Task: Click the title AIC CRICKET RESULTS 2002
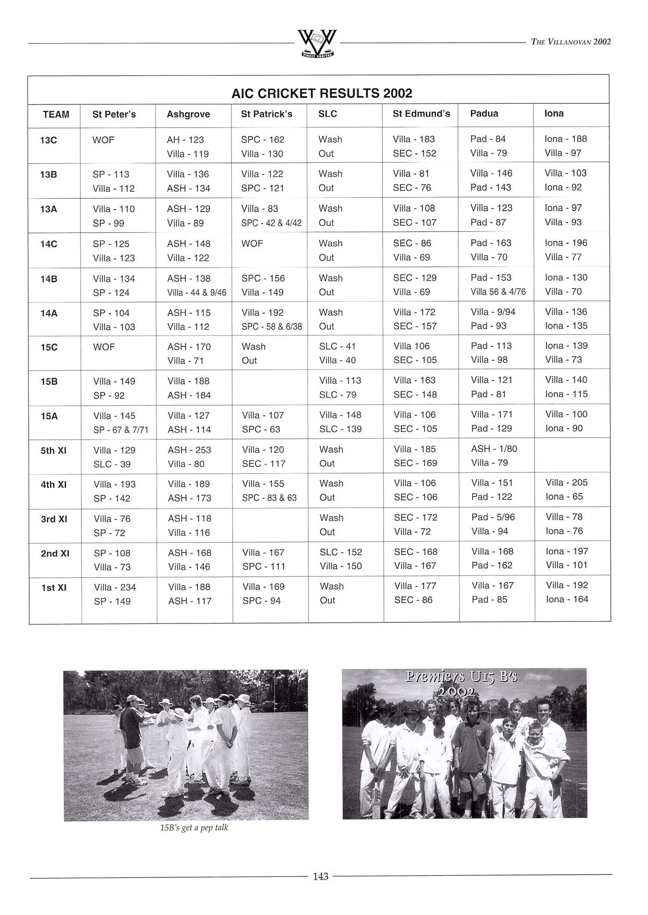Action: (322, 93)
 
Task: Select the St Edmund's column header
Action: (421, 114)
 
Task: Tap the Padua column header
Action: (484, 114)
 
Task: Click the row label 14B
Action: (49, 279)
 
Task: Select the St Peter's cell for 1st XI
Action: (115, 594)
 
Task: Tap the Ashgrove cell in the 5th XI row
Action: (189, 457)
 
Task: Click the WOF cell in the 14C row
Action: (252, 244)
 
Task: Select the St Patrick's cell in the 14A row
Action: (272, 320)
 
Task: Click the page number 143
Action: (321, 876)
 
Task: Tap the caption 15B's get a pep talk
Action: (194, 827)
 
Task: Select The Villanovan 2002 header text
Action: (570, 42)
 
